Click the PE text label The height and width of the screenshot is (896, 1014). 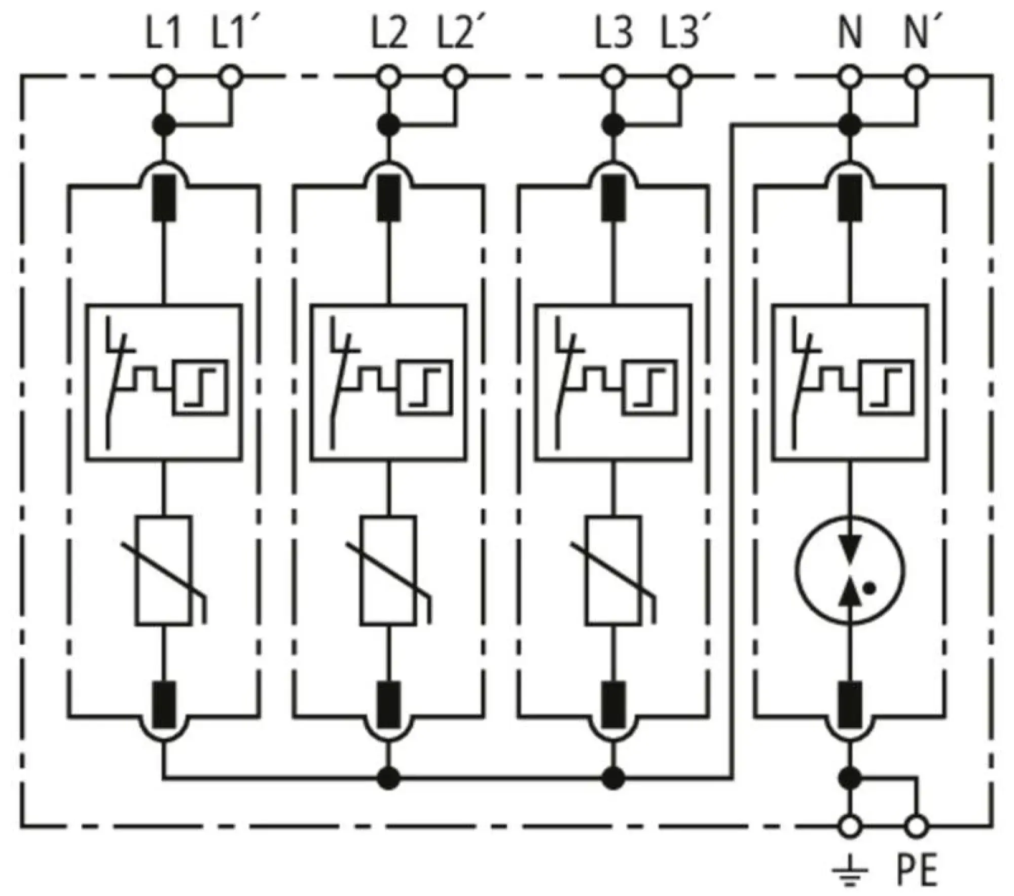click(917, 871)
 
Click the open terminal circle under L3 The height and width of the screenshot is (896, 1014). click(613, 78)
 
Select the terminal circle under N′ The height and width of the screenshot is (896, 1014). click(916, 78)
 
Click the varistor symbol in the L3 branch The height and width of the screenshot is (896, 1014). click(613, 571)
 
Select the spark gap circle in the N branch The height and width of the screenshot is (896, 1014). click(850, 570)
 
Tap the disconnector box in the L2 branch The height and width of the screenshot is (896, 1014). click(388, 383)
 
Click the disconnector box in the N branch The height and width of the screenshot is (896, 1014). click(850, 383)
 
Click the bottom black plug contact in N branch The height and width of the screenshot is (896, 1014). click(850, 704)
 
